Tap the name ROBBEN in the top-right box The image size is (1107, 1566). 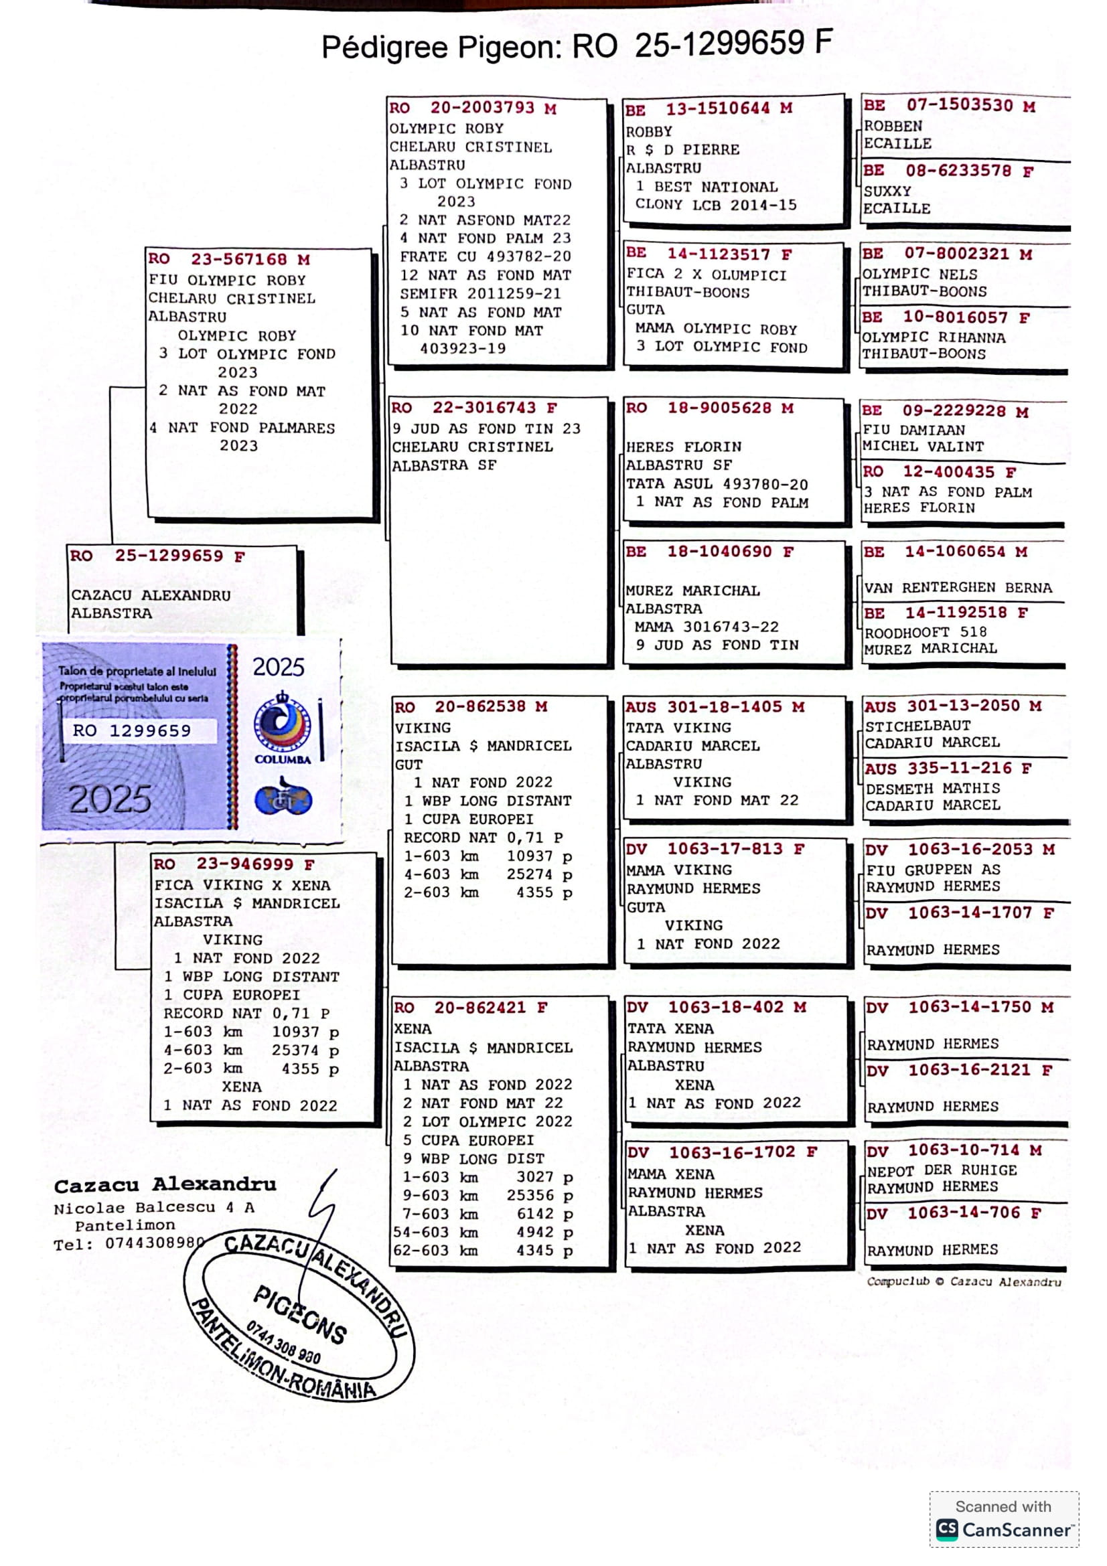point(893,126)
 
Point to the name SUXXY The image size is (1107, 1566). point(887,191)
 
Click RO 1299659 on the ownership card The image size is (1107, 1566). point(132,730)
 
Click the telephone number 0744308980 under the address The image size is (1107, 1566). point(154,1243)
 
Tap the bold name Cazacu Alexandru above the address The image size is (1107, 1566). point(165,1185)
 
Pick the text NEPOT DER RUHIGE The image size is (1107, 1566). point(942,1170)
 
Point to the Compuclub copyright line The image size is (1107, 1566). point(963,1281)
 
